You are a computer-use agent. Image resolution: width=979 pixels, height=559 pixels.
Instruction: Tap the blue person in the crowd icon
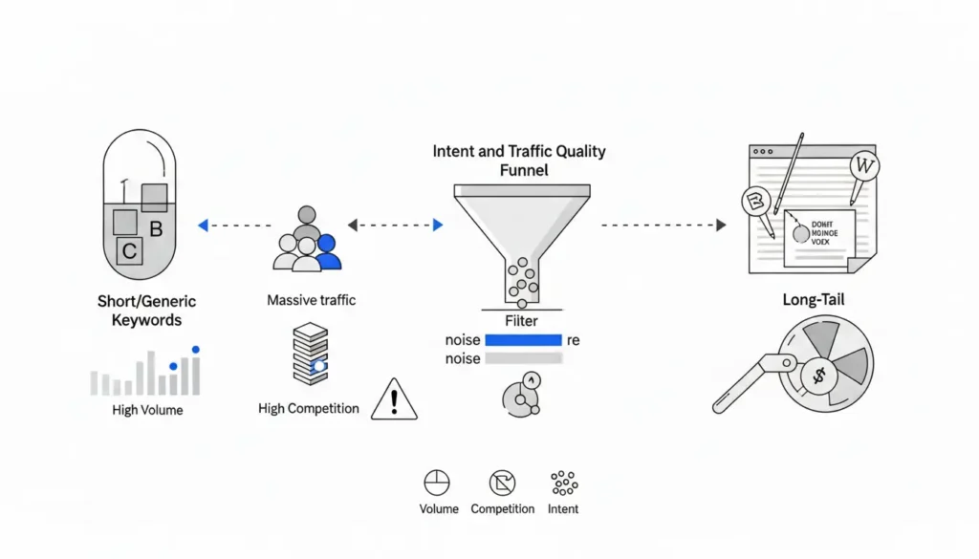[328, 251]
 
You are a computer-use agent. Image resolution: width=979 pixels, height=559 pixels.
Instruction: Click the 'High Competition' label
[309, 409]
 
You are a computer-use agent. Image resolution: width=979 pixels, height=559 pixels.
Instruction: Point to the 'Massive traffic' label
[311, 300]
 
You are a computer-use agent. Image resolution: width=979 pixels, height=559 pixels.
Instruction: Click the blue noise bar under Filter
[523, 340]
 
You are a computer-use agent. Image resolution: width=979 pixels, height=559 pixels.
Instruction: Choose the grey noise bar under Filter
[523, 359]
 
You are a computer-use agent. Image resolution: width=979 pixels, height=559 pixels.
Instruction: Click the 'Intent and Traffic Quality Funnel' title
[518, 161]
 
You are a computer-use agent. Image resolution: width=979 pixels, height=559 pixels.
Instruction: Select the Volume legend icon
[437, 483]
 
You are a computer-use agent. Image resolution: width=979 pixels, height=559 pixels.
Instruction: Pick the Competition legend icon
[502, 483]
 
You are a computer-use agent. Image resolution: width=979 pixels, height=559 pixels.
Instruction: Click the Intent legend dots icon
[564, 483]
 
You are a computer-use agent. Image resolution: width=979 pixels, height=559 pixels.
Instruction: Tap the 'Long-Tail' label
[813, 300]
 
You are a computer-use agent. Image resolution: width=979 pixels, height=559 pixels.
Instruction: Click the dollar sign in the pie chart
[817, 376]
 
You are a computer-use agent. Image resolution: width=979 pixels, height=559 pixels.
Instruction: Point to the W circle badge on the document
[864, 166]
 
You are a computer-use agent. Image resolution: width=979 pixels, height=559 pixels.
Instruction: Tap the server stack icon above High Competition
[312, 353]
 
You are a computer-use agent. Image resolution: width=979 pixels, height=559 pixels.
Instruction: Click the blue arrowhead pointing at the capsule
[202, 226]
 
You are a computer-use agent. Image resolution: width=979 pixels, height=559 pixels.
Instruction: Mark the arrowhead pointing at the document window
[721, 226]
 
